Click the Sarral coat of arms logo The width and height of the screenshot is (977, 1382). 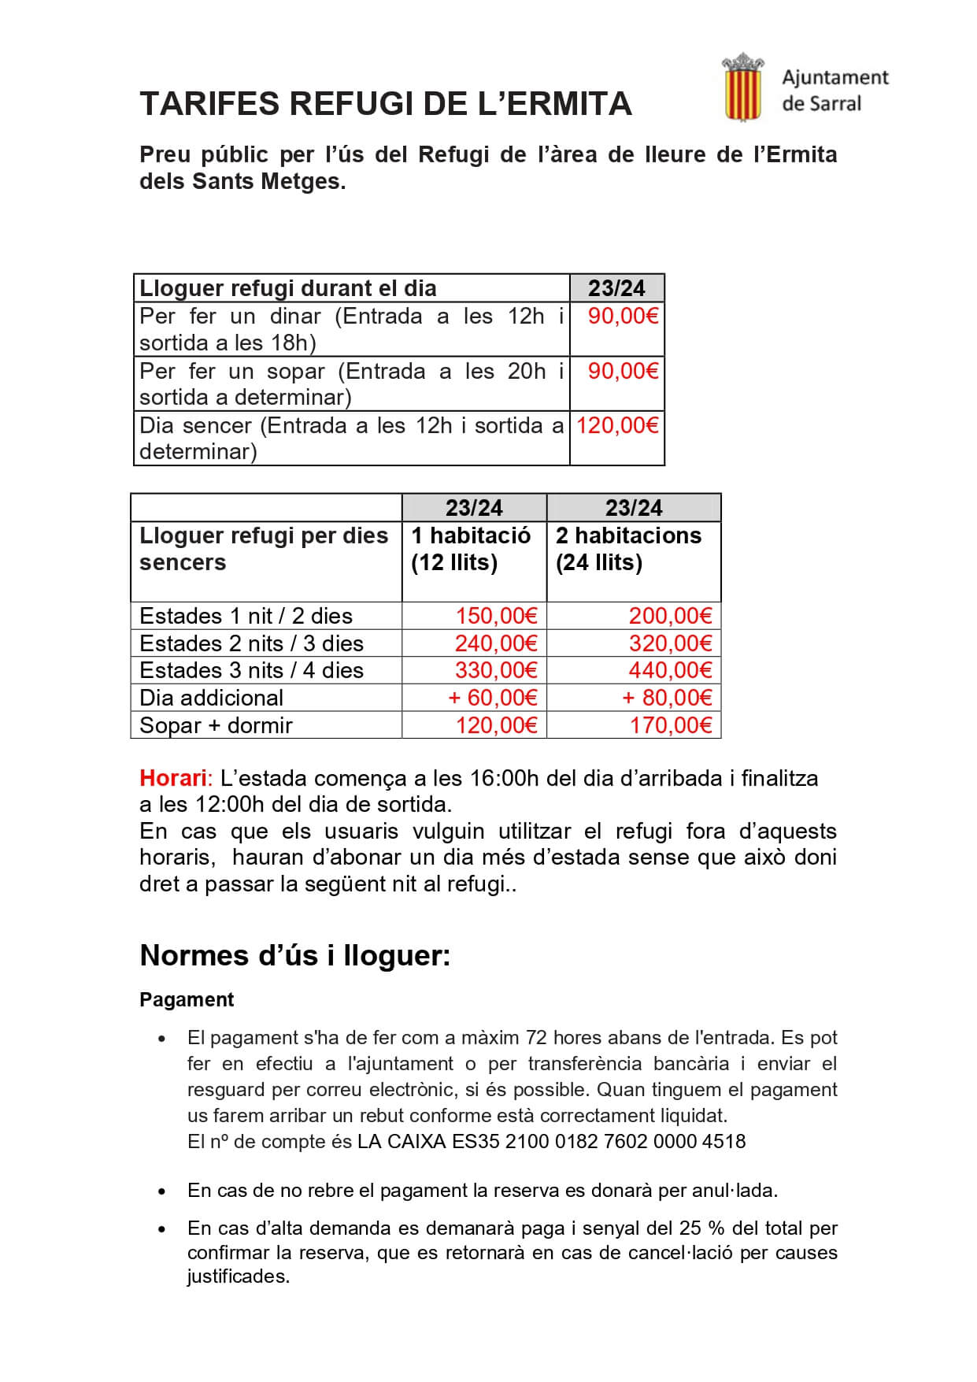click(x=742, y=87)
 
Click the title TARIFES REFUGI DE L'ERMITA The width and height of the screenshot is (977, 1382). click(x=385, y=104)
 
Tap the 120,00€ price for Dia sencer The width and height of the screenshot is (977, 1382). click(x=617, y=426)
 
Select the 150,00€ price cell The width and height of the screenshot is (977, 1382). click(x=496, y=616)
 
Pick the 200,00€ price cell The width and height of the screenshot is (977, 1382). click(x=670, y=616)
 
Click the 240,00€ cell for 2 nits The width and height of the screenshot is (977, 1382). click(x=496, y=643)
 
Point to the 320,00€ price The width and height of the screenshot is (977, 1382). click(x=670, y=643)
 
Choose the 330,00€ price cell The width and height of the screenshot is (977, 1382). click(x=496, y=670)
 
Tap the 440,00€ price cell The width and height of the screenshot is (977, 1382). click(x=670, y=670)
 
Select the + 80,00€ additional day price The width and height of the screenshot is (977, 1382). click(x=667, y=698)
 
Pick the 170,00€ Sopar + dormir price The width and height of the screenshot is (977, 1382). click(x=670, y=725)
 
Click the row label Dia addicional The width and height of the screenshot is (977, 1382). click(x=211, y=698)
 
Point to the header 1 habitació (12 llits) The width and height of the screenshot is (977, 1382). click(x=471, y=549)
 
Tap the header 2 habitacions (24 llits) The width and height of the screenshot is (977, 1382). click(x=628, y=549)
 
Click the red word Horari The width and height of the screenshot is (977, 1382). click(x=172, y=778)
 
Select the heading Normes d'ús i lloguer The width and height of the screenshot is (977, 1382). click(x=295, y=955)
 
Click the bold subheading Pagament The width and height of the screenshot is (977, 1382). click(x=187, y=999)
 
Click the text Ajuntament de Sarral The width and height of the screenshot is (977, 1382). click(x=835, y=91)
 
